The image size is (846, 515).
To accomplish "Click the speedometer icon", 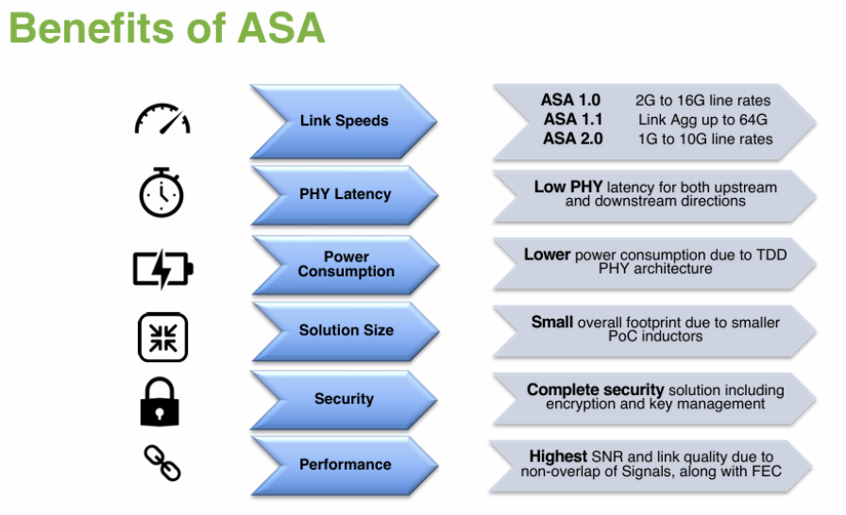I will pyautogui.click(x=161, y=120).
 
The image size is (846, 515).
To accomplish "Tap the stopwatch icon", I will pyautogui.click(x=161, y=192).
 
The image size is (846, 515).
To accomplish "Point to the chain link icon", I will pyautogui.click(x=161, y=463).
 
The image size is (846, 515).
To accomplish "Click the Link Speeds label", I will pyautogui.click(x=344, y=121).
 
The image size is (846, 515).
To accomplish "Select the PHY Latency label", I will pyautogui.click(x=345, y=194).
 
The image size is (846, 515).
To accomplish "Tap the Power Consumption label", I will pyautogui.click(x=346, y=264).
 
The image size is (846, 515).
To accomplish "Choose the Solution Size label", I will pyautogui.click(x=346, y=331).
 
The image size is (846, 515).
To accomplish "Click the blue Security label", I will pyautogui.click(x=344, y=399).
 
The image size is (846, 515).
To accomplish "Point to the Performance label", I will pyautogui.click(x=345, y=464).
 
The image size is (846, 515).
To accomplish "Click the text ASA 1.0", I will pyautogui.click(x=571, y=100).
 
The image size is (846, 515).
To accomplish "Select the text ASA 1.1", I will pyautogui.click(x=572, y=120).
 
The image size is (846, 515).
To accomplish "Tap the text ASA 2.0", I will pyautogui.click(x=572, y=139).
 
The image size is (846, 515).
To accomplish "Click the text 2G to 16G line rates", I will pyautogui.click(x=703, y=100).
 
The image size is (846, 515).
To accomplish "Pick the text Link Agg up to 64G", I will pyautogui.click(x=702, y=120).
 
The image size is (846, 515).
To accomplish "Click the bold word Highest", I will pyautogui.click(x=559, y=457).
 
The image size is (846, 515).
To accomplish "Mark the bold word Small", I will pyautogui.click(x=551, y=323).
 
